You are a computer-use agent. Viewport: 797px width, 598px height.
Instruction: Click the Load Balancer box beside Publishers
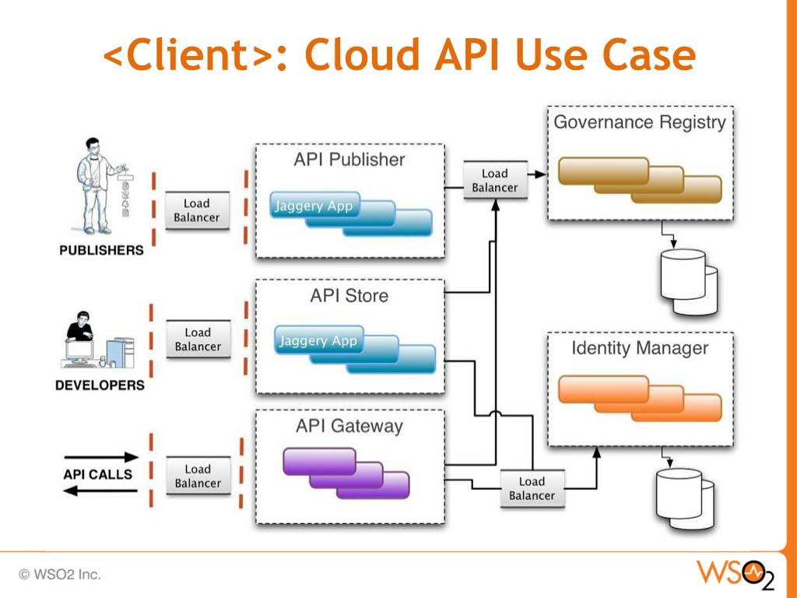click(x=197, y=210)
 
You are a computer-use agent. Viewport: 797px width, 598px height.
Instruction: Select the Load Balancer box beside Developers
click(x=198, y=339)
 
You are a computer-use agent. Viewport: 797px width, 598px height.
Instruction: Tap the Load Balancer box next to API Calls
click(x=198, y=477)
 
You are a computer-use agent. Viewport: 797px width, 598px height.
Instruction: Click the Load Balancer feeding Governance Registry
click(x=494, y=181)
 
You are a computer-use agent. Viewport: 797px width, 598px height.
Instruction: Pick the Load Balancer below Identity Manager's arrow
click(x=532, y=488)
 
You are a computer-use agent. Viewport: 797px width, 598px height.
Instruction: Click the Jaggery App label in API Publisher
click(x=314, y=206)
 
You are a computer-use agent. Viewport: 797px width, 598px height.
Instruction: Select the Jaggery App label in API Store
click(x=318, y=340)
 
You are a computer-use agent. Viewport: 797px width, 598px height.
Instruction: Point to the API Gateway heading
click(x=349, y=426)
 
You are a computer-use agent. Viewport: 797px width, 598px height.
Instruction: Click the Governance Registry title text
click(x=639, y=122)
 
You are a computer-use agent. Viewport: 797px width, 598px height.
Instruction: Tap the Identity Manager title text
click(x=640, y=348)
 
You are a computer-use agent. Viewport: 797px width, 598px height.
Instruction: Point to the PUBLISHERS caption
click(x=101, y=251)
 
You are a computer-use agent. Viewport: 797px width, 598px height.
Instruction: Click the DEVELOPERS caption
click(x=100, y=385)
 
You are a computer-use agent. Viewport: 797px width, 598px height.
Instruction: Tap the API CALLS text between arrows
click(x=98, y=474)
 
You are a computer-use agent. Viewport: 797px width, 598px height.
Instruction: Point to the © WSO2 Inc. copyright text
click(x=60, y=575)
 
